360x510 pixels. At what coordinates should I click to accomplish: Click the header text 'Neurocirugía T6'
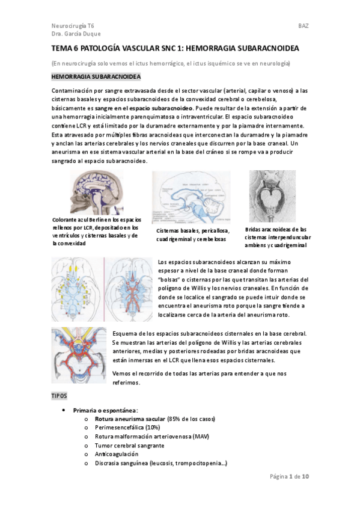click(72, 26)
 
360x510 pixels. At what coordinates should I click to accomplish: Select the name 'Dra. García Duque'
click(76, 34)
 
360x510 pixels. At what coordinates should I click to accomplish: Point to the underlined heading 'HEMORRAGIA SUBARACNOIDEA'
click(96, 78)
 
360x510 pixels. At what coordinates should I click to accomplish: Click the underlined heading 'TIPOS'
click(60, 397)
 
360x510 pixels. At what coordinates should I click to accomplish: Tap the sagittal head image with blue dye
click(99, 193)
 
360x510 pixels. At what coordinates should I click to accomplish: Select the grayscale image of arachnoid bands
click(272, 196)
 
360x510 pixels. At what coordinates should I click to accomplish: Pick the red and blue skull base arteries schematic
click(79, 356)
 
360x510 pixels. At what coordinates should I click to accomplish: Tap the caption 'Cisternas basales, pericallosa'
click(195, 235)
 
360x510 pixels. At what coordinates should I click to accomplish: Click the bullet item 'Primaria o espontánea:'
click(106, 410)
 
